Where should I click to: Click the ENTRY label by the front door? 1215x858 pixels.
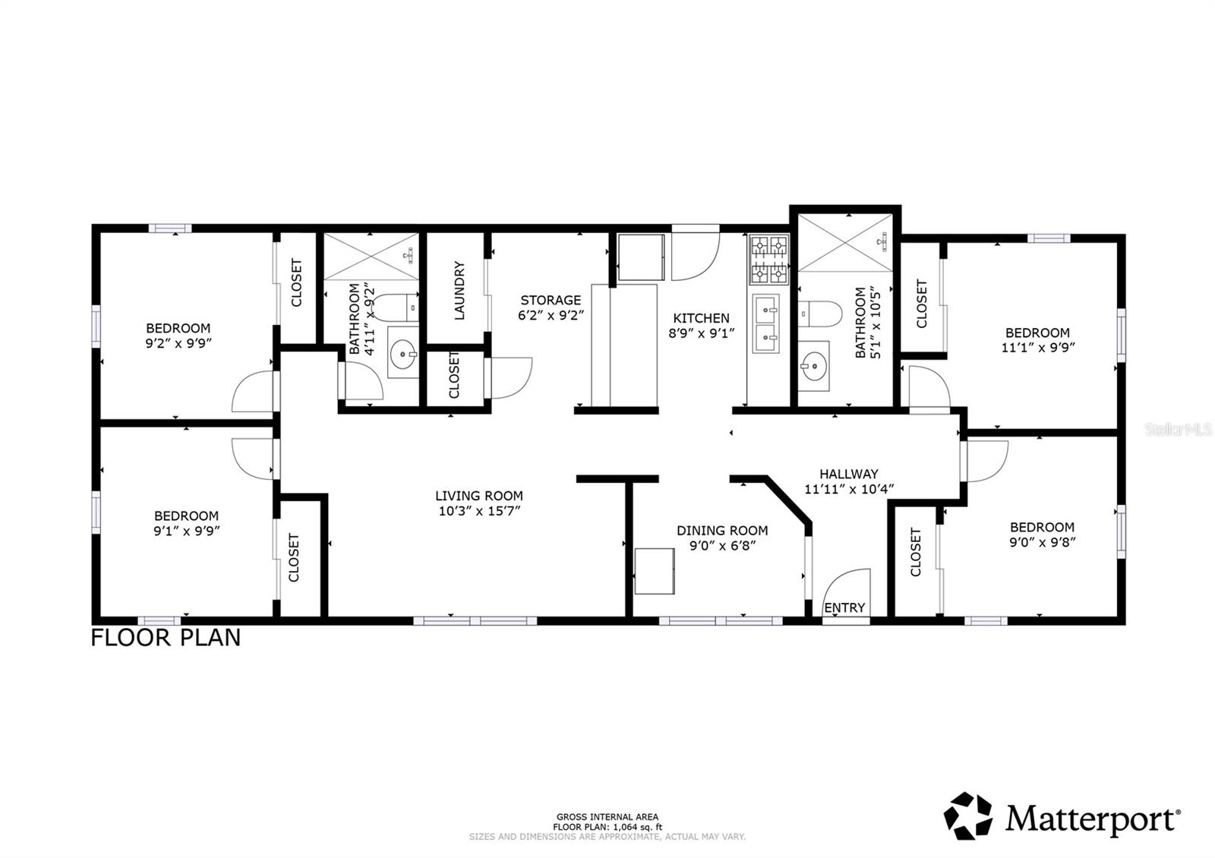point(844,607)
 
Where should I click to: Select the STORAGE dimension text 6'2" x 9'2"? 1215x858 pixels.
point(551,314)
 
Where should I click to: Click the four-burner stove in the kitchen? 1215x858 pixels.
point(768,259)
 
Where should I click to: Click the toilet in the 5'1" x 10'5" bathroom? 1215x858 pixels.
point(821,312)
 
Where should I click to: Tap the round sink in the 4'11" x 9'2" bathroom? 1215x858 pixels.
point(402,353)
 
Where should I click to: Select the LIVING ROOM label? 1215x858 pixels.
point(478,496)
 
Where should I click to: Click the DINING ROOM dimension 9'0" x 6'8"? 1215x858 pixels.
point(722,545)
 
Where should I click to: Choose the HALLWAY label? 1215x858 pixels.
point(848,474)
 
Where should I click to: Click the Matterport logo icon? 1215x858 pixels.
point(968,816)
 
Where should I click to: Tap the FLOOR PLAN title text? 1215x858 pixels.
point(166,637)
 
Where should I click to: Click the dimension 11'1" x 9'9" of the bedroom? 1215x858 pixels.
point(1037,347)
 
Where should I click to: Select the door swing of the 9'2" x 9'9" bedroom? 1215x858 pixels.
point(253,392)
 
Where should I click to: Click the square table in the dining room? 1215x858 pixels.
point(654,571)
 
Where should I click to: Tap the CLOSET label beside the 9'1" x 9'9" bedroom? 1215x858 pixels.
point(295,557)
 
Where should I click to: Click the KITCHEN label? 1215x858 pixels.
point(702,318)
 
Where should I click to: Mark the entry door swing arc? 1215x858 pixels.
point(845,584)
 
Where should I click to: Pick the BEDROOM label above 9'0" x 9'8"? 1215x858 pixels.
point(1042,527)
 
